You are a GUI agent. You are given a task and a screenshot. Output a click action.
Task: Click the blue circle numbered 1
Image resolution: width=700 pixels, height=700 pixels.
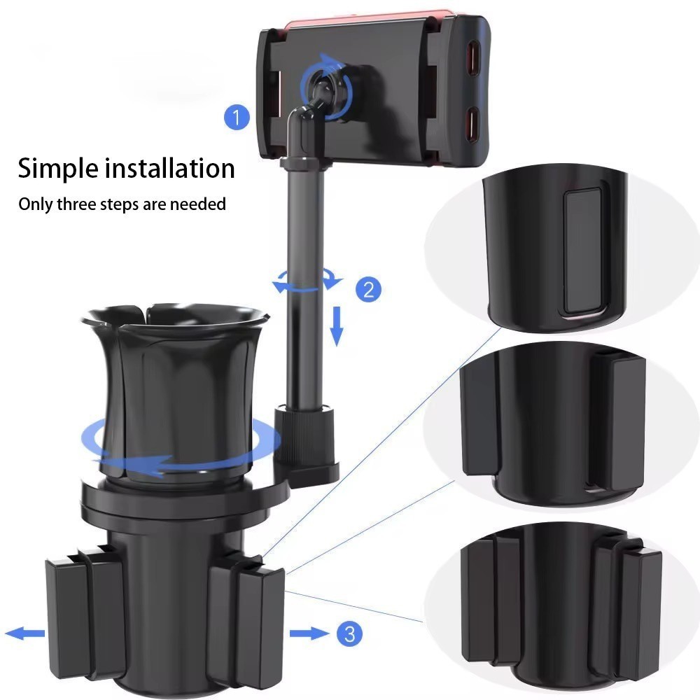click(237, 117)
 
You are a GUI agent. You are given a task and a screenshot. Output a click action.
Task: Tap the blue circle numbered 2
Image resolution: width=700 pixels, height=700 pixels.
click(368, 289)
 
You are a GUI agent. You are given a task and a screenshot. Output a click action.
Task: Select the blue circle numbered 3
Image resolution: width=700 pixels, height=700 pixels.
click(349, 633)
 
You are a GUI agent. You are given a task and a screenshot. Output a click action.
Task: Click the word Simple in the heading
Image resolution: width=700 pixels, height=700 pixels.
click(58, 169)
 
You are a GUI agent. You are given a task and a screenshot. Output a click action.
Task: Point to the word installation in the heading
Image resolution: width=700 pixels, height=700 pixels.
click(169, 168)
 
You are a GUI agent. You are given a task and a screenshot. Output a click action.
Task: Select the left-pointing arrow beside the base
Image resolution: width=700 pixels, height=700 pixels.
click(25, 633)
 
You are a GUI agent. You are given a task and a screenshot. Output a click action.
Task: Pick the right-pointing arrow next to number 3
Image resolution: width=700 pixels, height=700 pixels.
click(309, 633)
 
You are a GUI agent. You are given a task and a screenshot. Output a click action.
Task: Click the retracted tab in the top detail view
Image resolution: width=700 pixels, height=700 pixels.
click(583, 251)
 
